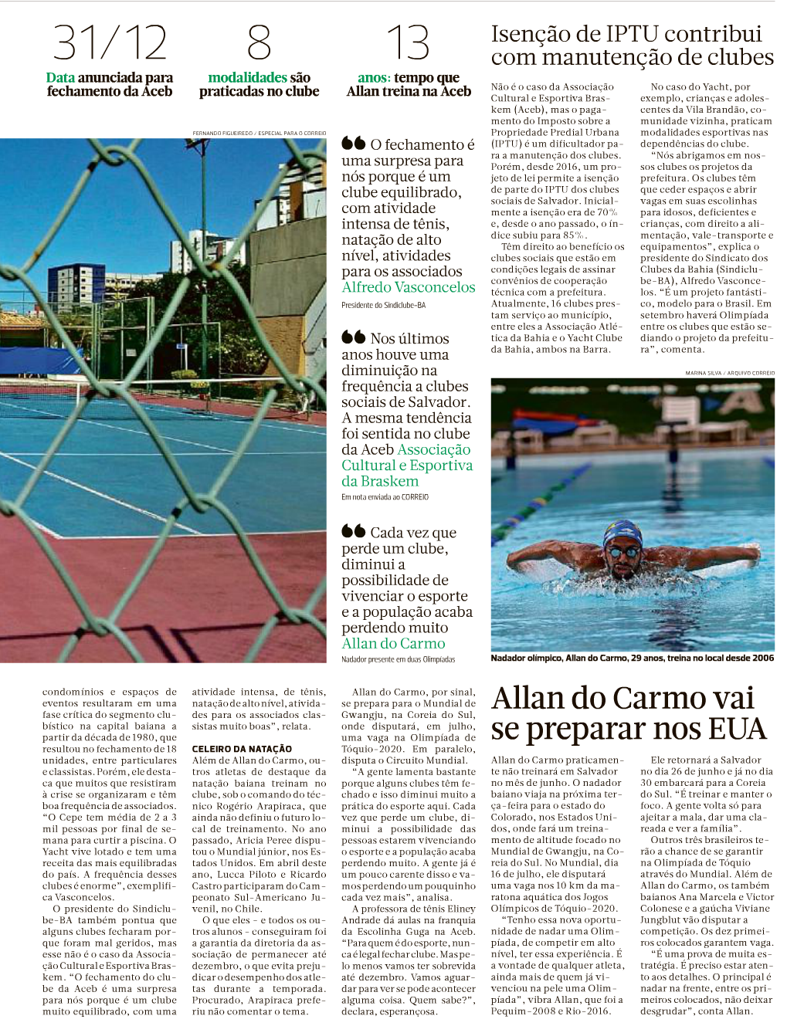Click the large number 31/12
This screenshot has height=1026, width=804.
point(110,42)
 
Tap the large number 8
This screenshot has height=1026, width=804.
point(259,42)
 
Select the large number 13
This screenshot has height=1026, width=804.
point(408,42)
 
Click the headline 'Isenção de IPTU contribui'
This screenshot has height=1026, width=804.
point(626,34)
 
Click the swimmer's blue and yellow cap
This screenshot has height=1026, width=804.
point(622,533)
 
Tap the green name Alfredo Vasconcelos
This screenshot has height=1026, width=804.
point(409,287)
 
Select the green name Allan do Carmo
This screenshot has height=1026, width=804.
point(393,643)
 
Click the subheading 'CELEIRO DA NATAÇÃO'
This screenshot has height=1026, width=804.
point(242,749)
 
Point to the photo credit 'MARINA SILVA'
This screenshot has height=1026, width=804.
point(703,373)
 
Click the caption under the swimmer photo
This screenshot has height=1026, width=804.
point(632,659)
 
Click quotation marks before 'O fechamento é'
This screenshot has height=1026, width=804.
point(353,144)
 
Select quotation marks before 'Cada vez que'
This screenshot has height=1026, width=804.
point(353,531)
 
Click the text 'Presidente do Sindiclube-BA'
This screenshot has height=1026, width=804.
point(383,306)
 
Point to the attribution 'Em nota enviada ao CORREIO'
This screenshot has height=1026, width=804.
point(385,497)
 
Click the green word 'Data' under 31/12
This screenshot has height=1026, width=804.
point(60,77)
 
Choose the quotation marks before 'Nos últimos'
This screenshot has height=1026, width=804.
point(353,337)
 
